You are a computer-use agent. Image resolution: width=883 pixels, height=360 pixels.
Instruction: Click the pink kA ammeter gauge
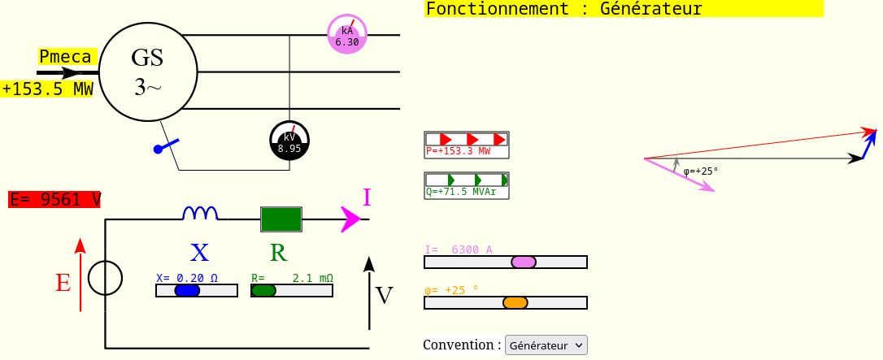(x=347, y=35)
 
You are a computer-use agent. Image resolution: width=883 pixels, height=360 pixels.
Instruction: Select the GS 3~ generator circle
(x=148, y=72)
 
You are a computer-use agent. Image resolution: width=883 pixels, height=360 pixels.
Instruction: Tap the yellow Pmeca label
(x=67, y=57)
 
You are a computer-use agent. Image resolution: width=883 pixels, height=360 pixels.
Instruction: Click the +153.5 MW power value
(x=47, y=89)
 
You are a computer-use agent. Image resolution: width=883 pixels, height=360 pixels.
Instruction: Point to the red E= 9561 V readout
(x=54, y=200)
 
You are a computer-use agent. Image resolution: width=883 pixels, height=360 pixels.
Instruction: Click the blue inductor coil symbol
(x=200, y=214)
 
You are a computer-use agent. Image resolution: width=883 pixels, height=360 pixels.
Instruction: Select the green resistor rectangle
(x=281, y=219)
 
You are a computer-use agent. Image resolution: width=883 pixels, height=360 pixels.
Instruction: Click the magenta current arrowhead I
(x=351, y=219)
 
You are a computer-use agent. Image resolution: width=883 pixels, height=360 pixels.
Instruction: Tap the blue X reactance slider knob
(x=187, y=290)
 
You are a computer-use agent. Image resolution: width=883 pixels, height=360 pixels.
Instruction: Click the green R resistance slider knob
(x=263, y=290)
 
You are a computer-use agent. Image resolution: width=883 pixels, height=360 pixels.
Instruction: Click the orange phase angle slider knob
(x=515, y=302)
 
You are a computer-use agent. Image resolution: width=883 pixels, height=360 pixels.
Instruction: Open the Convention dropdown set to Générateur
(x=546, y=345)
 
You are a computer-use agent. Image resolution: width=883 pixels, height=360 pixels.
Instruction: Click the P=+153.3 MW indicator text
(x=459, y=151)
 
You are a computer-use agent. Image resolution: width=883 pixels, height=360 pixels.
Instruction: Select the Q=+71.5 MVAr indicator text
(x=461, y=192)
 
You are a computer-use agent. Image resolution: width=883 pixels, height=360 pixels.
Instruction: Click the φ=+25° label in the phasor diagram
(x=701, y=171)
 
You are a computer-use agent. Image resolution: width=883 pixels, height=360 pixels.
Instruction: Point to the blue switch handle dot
(x=158, y=150)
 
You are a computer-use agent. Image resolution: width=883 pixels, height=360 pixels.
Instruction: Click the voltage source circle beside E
(x=105, y=278)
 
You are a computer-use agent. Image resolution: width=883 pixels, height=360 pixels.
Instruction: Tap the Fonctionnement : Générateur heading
(x=563, y=9)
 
